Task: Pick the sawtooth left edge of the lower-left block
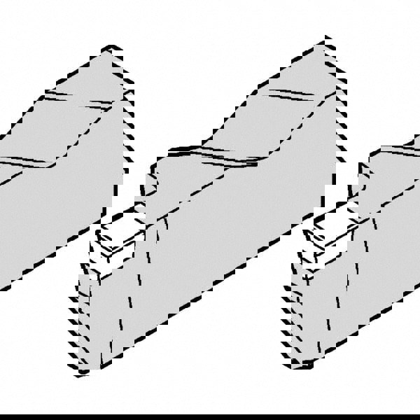pyautogui.click(x=77, y=308)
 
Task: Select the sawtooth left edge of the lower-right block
pyautogui.click(x=294, y=308)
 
